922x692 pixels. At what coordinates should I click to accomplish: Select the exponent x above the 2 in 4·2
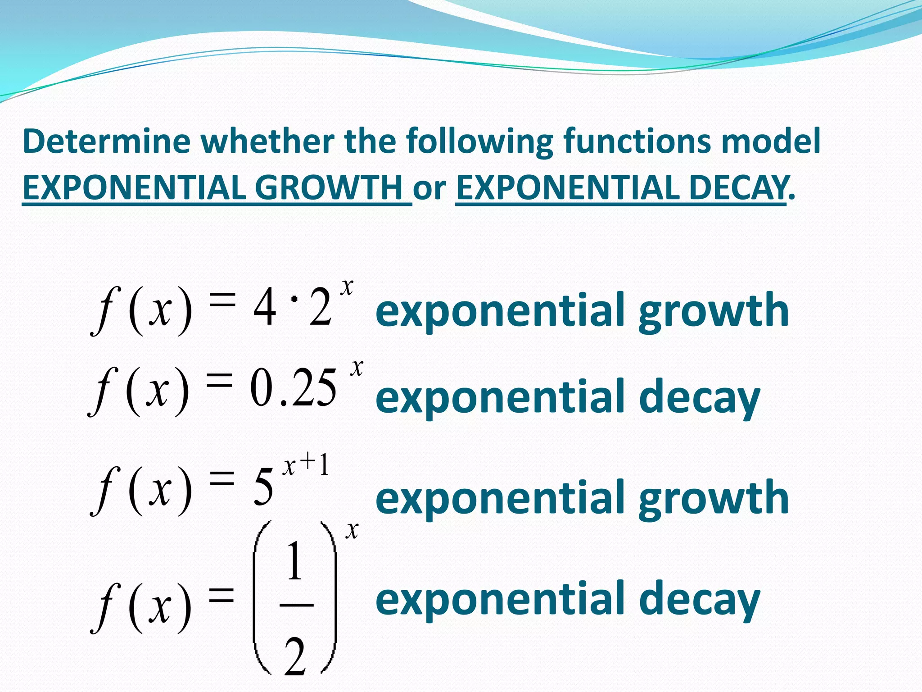(347, 287)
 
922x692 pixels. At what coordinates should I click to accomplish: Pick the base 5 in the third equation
(263, 487)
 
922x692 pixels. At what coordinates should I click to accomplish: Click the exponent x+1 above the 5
(306, 466)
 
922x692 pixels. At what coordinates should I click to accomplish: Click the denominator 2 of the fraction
(295, 658)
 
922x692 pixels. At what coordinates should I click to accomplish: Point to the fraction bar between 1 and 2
(296, 605)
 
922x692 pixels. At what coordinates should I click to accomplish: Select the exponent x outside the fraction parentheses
(352, 530)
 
